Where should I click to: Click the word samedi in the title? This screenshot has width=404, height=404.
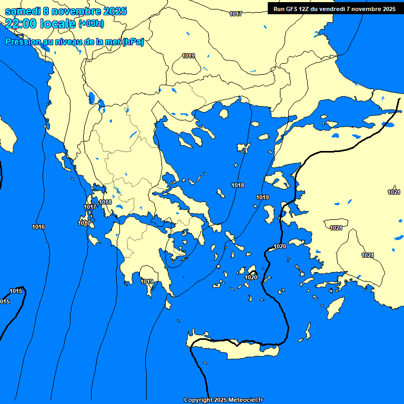coord(22,11)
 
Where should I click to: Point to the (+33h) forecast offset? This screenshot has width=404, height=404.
coord(91,23)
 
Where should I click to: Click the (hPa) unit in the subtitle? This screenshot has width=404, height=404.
coord(133,42)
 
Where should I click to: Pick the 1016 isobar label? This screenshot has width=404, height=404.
coord(38,227)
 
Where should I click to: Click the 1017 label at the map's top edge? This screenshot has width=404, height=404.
coord(236,14)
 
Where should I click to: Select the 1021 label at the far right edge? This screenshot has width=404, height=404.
coord(393,192)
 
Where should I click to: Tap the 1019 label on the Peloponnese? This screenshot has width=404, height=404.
coord(147,282)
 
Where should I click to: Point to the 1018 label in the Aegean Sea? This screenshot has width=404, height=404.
coord(238,185)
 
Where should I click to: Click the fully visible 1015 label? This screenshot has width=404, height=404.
coord(16,291)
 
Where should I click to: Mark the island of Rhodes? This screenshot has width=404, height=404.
coord(335,305)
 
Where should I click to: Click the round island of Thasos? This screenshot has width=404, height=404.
coord(224,114)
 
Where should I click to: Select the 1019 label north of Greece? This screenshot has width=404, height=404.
coord(188,56)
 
